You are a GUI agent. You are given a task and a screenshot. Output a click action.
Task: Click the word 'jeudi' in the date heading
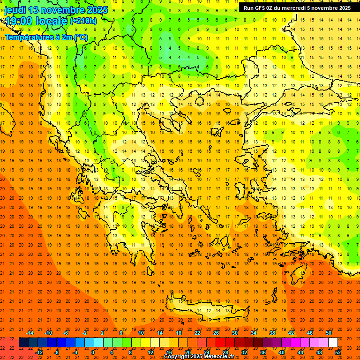(x=15, y=9)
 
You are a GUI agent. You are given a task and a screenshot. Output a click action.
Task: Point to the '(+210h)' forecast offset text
(x=83, y=21)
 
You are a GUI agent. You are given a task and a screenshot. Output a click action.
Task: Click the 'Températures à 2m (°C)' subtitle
(x=46, y=37)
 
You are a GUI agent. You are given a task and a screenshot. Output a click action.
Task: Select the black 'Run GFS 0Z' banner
(x=297, y=7)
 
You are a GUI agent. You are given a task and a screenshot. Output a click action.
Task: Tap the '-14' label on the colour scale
(x=30, y=333)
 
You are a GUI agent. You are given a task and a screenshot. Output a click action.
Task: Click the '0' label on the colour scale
(x=92, y=352)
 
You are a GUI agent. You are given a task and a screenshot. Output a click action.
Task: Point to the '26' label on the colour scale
(x=216, y=333)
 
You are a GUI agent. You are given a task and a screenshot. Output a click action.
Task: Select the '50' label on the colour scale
(x=329, y=333)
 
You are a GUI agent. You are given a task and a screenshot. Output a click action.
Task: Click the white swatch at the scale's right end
(x=333, y=343)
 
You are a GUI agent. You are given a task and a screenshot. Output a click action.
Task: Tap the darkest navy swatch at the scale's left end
(x=23, y=343)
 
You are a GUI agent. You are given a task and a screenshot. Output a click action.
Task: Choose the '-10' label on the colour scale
(x=48, y=333)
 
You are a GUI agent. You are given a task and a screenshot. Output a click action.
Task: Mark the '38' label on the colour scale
(x=272, y=333)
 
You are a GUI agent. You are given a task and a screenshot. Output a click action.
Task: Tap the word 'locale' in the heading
(x=52, y=21)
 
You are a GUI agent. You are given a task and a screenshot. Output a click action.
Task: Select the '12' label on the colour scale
(x=150, y=352)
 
